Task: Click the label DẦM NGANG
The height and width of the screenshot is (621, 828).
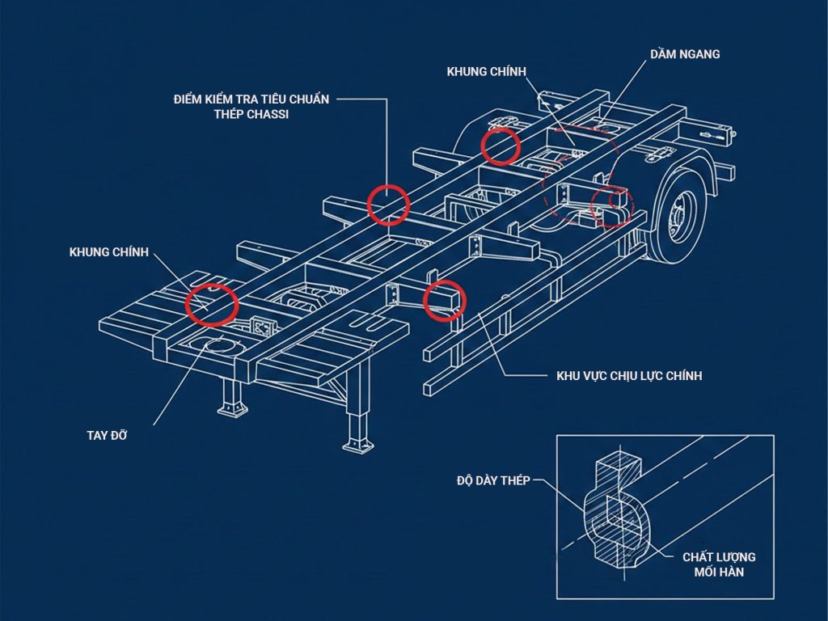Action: coord(685,53)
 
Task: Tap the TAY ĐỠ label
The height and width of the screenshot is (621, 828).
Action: coord(108,435)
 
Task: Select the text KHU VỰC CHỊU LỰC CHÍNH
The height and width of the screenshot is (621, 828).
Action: coord(629,375)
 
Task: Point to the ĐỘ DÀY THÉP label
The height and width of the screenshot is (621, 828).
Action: coord(493,480)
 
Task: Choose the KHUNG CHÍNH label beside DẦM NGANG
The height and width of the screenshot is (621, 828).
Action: coord(486,71)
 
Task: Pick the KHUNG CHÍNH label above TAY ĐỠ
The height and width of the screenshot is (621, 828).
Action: coord(109,252)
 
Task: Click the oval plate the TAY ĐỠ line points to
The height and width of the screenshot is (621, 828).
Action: coord(223,345)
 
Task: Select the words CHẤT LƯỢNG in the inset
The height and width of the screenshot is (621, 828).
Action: coord(719,556)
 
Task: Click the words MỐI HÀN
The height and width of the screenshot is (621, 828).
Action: coord(719,572)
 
